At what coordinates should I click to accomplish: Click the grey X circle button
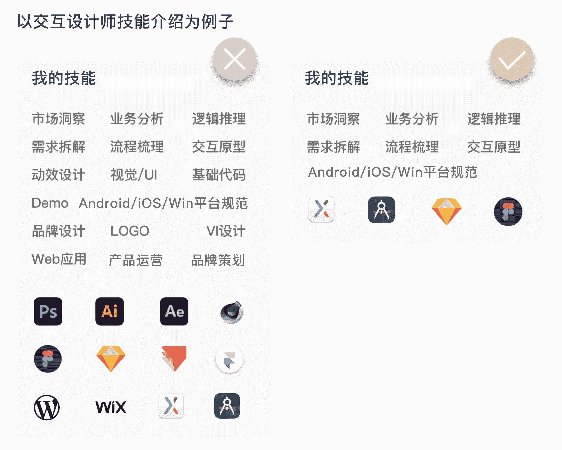coord(234,59)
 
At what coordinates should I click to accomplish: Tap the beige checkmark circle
coord(512,59)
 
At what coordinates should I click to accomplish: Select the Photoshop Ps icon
coord(48,311)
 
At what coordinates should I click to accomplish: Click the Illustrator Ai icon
coord(109,311)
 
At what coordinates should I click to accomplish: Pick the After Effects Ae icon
coord(174,311)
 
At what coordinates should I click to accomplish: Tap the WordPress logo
coord(47,407)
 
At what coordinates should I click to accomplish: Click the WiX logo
coord(111,407)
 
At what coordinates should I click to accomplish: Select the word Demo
coord(50,203)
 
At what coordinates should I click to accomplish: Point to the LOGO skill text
coord(130,231)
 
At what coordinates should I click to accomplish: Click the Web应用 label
coord(59,259)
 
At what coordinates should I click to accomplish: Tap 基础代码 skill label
coord(219,175)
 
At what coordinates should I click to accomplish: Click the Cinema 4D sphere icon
coord(232,312)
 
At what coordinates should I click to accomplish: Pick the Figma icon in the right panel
coord(508,211)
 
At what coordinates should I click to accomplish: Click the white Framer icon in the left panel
coord(229,359)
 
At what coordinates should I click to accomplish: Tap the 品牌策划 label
coord(218,260)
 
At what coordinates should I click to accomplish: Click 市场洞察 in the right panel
coord(333,119)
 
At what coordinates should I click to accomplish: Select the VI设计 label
coord(226,231)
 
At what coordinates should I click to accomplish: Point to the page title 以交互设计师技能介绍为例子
coord(125,21)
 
